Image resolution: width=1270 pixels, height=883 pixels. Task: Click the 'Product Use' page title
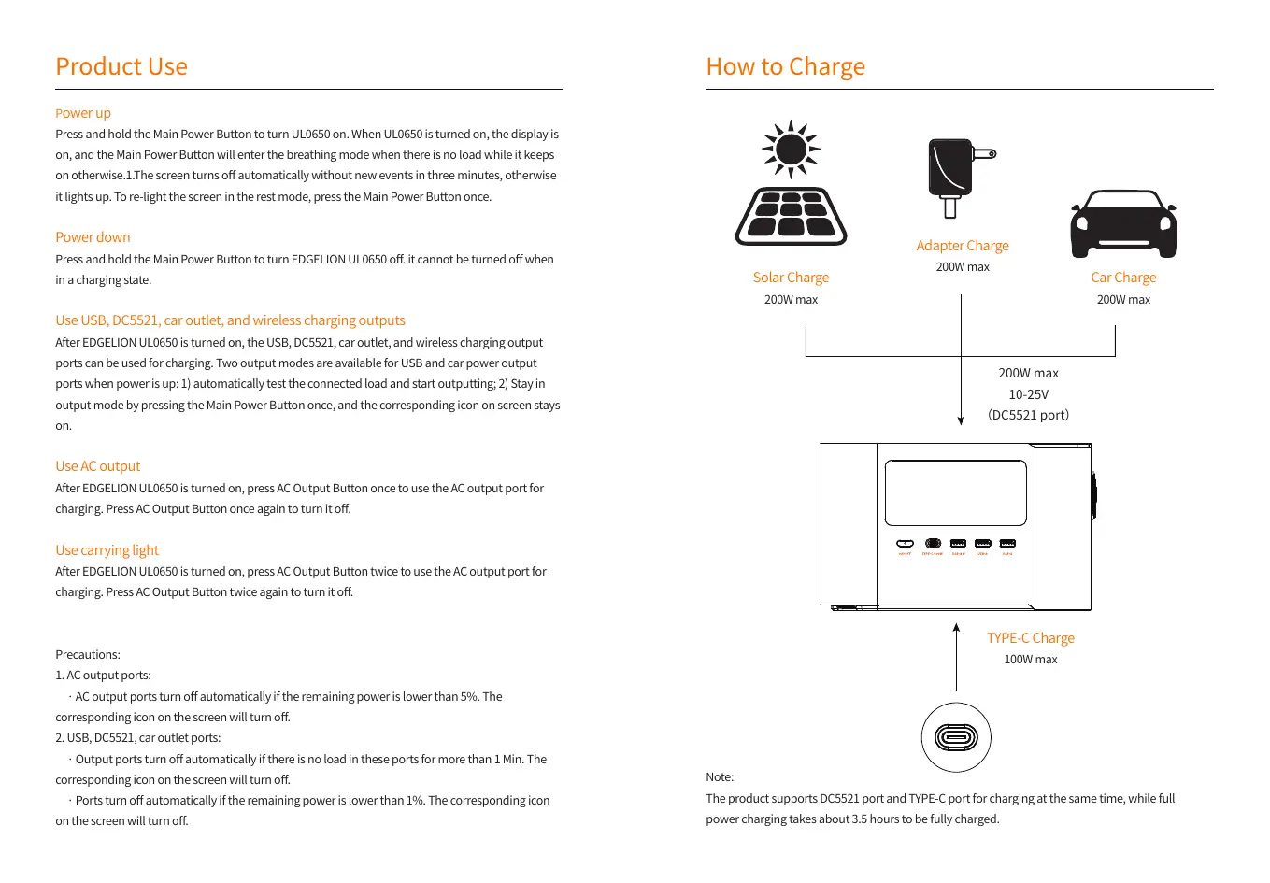[x=121, y=66]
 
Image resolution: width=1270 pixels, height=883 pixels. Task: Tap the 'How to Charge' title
[x=785, y=66]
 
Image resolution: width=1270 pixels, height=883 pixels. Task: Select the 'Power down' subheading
[x=93, y=237]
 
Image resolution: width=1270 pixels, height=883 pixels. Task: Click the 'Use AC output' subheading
[x=97, y=466]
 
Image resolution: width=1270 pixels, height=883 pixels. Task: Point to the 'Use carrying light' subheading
[x=107, y=550]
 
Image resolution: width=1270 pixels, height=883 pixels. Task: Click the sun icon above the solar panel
[x=791, y=149]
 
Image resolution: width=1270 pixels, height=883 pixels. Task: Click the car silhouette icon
[x=1123, y=225]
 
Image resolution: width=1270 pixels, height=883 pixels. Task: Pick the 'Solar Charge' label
[x=791, y=278]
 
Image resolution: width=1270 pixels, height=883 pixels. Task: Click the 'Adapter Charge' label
[x=962, y=246]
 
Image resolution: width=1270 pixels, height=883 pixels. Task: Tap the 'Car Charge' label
[x=1123, y=278]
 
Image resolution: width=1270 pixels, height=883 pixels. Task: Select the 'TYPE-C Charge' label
[x=1030, y=638]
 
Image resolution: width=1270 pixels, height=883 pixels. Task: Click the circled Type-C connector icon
[x=956, y=737]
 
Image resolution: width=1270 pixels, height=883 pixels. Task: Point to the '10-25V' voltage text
[x=1028, y=394]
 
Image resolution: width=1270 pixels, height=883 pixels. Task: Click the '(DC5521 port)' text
[x=1028, y=415]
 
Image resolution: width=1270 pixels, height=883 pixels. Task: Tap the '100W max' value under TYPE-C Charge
[x=1030, y=660]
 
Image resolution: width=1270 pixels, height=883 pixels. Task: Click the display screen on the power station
[x=955, y=492]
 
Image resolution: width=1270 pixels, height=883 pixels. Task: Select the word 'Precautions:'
[x=88, y=655]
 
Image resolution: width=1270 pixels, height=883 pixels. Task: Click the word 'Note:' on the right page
[x=720, y=777]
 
